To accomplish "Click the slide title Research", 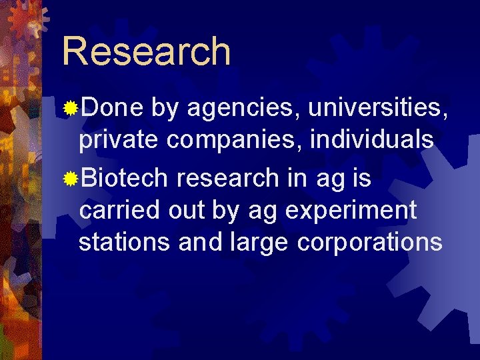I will pos(146,51).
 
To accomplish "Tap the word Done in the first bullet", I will pos(107,107).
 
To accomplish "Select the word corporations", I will pos(369,243).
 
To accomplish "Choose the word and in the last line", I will pos(197,241).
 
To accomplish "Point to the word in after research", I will pos(295,177).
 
